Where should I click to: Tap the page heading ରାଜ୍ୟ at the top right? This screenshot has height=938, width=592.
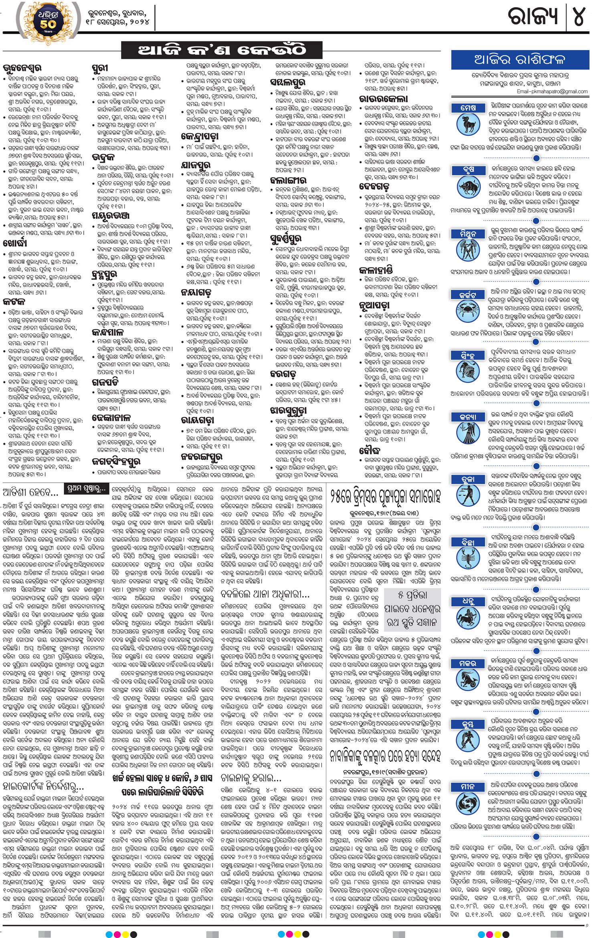(x=533, y=16)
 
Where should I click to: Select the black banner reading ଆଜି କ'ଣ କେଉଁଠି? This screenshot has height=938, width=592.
(x=222, y=50)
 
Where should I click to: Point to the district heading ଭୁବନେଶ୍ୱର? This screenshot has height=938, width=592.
(x=22, y=68)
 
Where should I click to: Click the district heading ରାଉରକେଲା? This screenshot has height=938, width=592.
(x=384, y=99)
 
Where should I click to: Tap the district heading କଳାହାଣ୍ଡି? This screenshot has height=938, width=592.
(x=376, y=269)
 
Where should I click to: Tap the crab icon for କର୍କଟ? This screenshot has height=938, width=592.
(x=468, y=311)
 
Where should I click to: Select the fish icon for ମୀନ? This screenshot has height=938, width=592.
(x=468, y=803)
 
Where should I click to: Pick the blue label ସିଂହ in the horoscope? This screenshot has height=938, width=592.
(x=468, y=355)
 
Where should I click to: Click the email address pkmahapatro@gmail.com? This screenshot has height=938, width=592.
(x=552, y=91)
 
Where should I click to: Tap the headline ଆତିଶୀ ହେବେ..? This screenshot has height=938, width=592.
(x=30, y=492)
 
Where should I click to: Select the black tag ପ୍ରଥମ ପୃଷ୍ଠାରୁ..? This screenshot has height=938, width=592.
(x=87, y=489)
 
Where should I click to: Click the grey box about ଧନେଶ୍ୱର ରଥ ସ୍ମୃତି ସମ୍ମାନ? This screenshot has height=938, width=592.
(x=412, y=608)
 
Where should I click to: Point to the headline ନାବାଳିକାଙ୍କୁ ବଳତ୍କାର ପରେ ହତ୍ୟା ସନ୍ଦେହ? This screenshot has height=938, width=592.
(x=385, y=756)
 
